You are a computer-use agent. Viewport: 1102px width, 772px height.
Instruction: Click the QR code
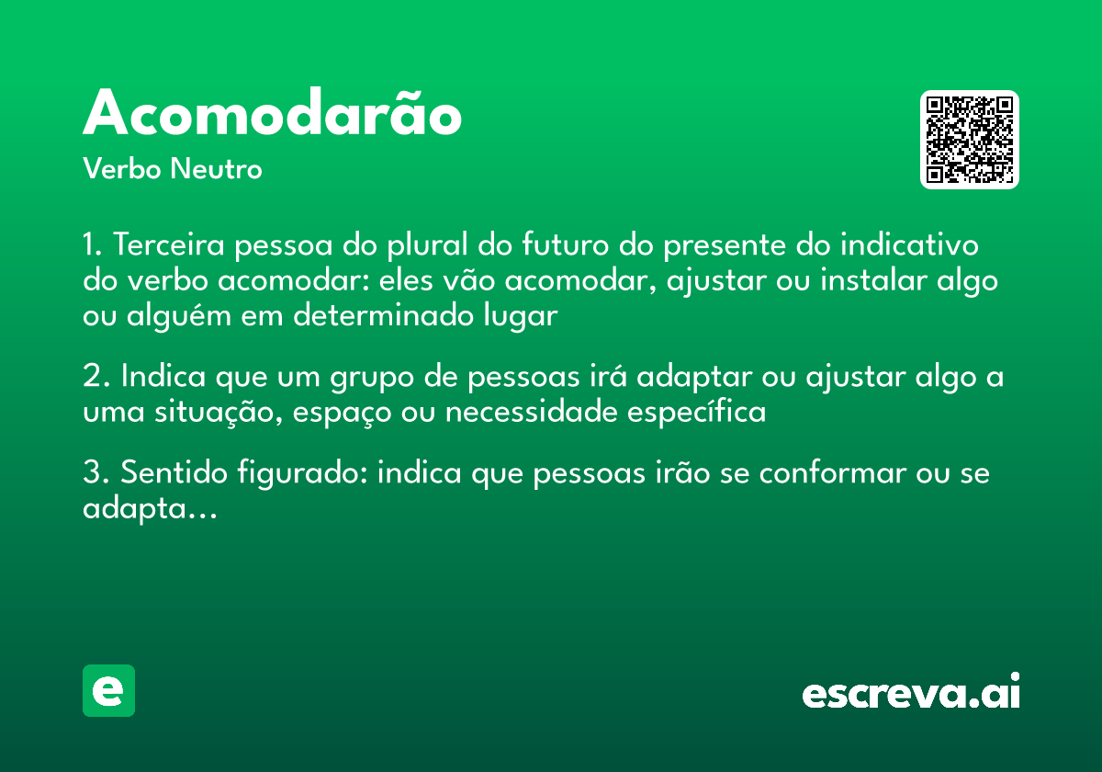[x=970, y=140]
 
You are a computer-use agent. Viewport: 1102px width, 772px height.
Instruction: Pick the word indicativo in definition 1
[x=910, y=246]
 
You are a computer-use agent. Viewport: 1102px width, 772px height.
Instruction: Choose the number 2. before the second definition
[x=96, y=378]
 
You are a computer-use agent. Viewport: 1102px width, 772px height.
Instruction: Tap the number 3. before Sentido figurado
[x=96, y=474]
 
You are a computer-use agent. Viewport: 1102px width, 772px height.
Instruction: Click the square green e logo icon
[x=108, y=690]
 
